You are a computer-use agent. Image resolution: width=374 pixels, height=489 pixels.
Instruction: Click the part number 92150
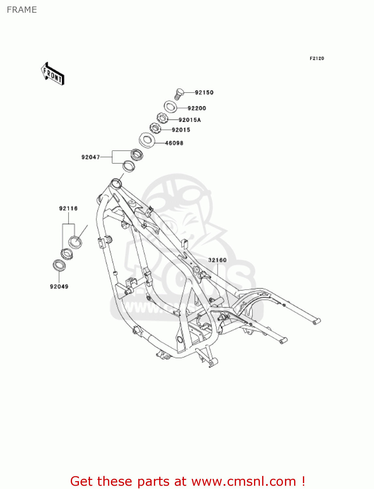[x=204, y=93]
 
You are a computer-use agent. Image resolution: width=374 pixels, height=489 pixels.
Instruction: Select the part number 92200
[x=197, y=108]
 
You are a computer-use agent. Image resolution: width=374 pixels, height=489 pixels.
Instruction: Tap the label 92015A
[x=189, y=120]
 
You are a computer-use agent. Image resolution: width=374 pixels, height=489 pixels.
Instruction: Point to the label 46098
[x=174, y=143]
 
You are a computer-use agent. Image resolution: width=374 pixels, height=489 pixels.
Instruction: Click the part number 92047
[x=90, y=157]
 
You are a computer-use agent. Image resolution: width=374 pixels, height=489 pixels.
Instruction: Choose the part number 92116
[x=68, y=208]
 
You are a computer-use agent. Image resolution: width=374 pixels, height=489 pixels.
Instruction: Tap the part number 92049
[x=59, y=287]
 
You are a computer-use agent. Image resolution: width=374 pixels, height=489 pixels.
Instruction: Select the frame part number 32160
[x=217, y=260]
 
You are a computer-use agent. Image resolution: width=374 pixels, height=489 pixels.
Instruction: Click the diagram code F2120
[x=317, y=58]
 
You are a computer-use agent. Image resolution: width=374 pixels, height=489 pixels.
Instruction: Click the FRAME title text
[x=22, y=10]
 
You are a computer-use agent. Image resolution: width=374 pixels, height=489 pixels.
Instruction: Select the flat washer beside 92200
[x=170, y=106]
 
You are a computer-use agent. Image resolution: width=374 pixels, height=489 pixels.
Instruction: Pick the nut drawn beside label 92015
[x=156, y=128]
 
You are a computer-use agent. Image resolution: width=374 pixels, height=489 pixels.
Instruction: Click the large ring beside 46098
[x=147, y=140]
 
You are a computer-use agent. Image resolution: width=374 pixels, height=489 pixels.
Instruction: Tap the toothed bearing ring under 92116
[x=67, y=254]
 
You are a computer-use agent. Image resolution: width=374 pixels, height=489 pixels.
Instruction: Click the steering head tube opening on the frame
[x=116, y=183]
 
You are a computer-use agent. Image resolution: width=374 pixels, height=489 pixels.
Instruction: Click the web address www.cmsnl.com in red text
[x=243, y=482]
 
